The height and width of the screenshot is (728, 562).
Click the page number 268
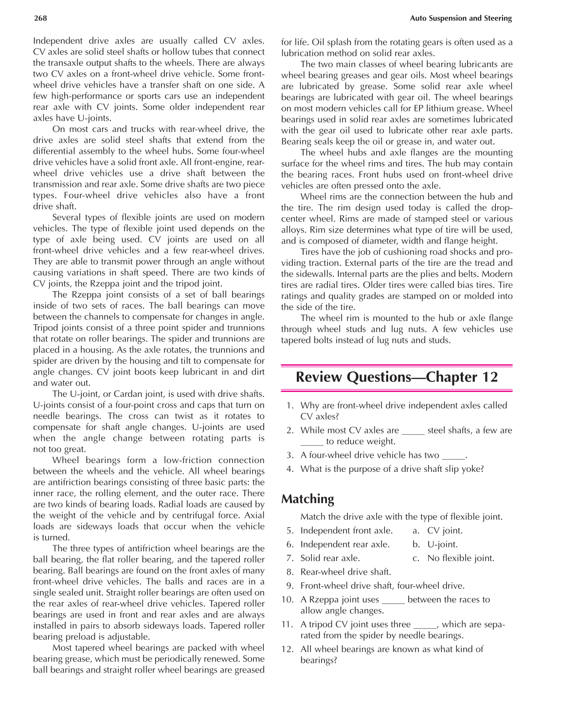pos(40,19)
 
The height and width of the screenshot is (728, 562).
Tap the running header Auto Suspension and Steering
pos(460,19)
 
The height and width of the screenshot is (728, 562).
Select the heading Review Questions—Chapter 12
pos(397,377)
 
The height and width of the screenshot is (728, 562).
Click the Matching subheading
pos(308,499)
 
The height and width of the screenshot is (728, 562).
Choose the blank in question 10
pos(393,600)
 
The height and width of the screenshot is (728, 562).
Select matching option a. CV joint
pos(438,531)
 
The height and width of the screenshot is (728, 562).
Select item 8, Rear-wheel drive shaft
pos(345,572)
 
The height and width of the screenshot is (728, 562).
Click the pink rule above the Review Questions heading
pos(397,365)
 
